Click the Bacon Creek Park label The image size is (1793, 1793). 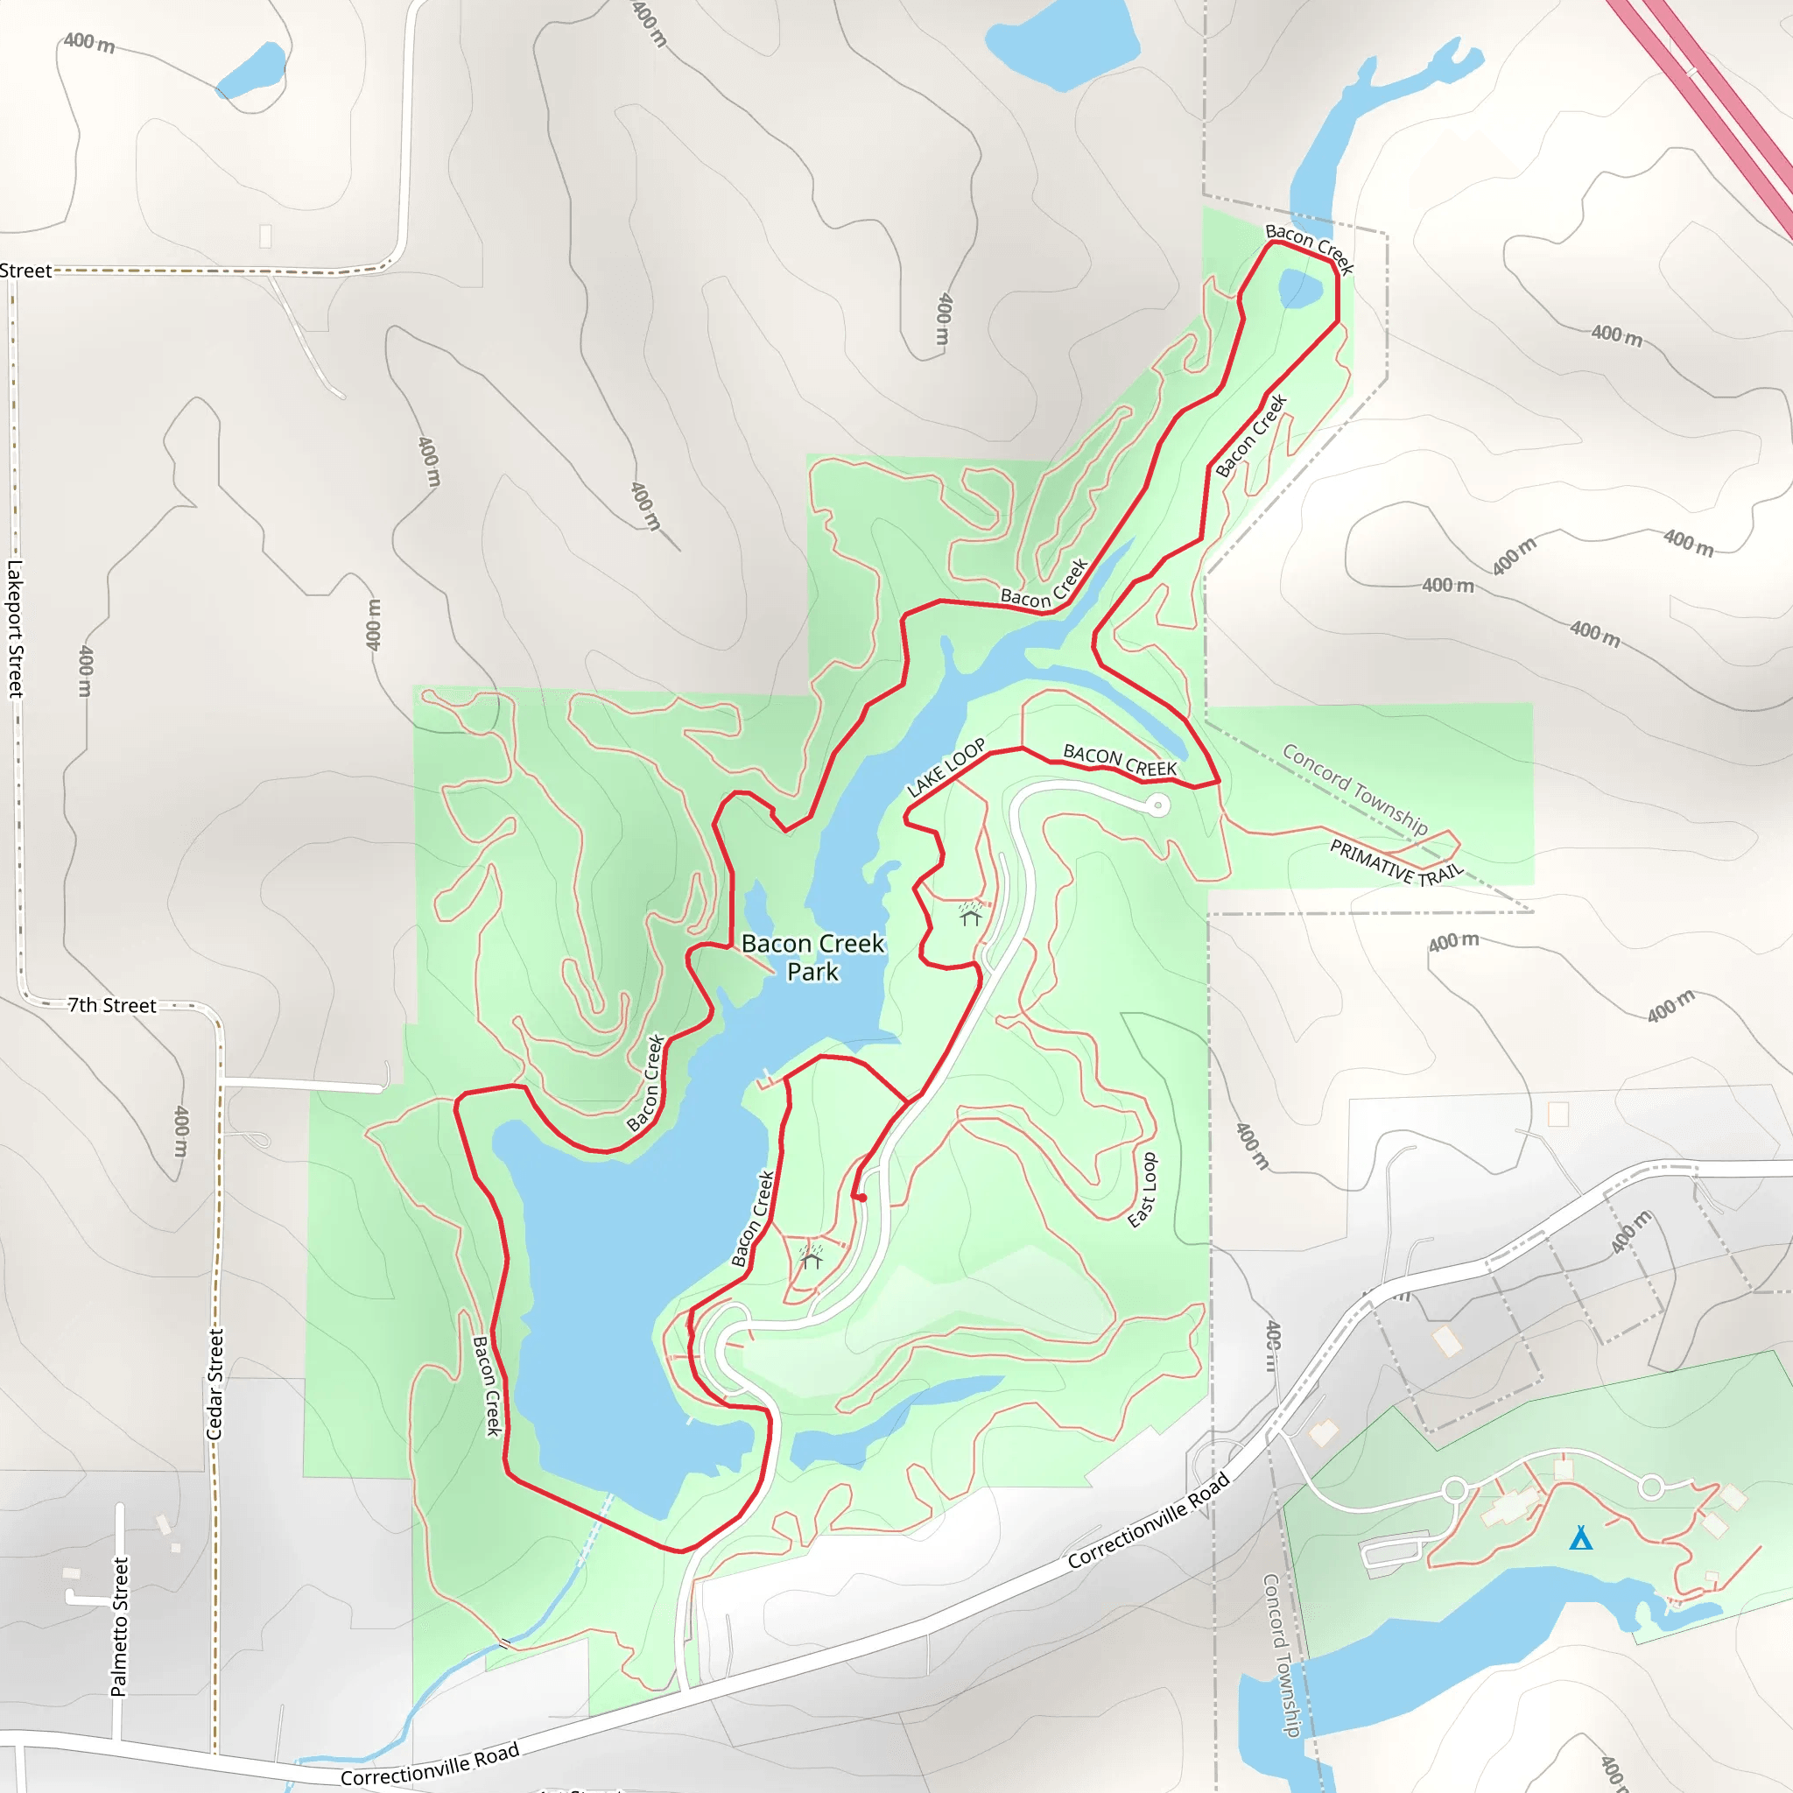(812, 957)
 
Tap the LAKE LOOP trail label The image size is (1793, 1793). (946, 769)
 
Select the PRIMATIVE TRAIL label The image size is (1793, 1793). (1396, 861)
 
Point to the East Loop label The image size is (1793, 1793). (1143, 1190)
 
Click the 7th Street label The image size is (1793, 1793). (112, 1005)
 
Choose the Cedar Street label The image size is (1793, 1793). (215, 1384)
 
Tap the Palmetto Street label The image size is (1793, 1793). (119, 1626)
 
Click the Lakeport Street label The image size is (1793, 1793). (15, 629)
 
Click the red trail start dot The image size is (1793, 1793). (862, 1199)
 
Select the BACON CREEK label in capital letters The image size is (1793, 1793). (1119, 760)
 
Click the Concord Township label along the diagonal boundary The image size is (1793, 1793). (1354, 788)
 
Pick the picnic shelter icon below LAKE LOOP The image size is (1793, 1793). (971, 914)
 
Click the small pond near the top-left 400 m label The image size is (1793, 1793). (252, 71)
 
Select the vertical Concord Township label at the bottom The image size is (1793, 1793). (1282, 1655)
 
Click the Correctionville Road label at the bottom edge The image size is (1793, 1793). (429, 1764)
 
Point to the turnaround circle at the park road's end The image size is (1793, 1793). (1158, 805)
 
